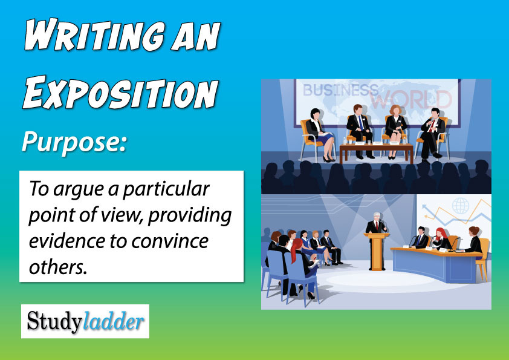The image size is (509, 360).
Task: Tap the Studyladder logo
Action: tap(85, 321)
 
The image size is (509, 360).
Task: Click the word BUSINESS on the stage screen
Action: tap(340, 91)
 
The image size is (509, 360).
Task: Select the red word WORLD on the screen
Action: tap(410, 99)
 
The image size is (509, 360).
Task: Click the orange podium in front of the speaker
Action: tap(377, 248)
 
